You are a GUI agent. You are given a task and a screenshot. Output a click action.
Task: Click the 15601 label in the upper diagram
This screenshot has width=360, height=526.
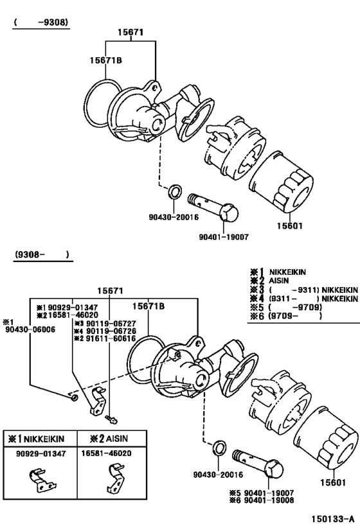pyautogui.click(x=290, y=226)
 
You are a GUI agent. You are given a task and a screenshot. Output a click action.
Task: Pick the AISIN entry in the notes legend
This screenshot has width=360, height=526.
pyautogui.click(x=278, y=281)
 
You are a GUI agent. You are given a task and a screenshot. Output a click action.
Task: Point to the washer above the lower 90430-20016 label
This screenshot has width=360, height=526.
pyautogui.click(x=218, y=447)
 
